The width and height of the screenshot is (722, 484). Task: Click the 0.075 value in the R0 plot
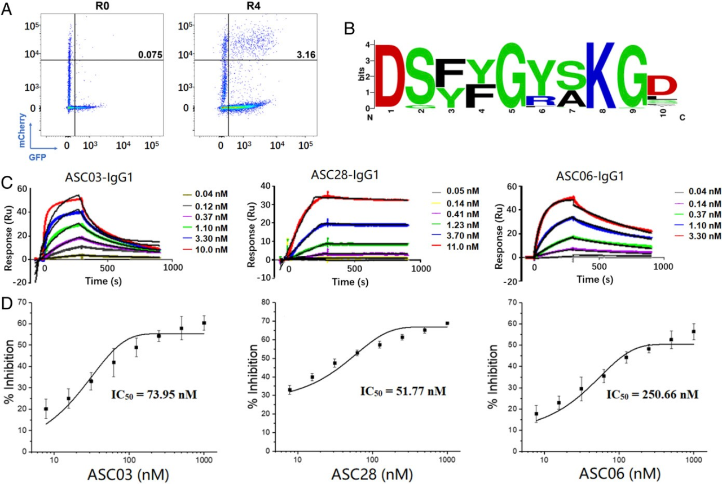[151, 55]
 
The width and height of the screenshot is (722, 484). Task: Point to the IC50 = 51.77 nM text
[401, 389]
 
